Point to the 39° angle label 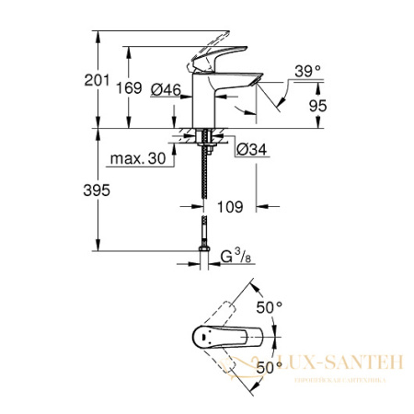[x=307, y=69]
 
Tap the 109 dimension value [x=230, y=208]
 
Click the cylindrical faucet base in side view [x=201, y=106]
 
